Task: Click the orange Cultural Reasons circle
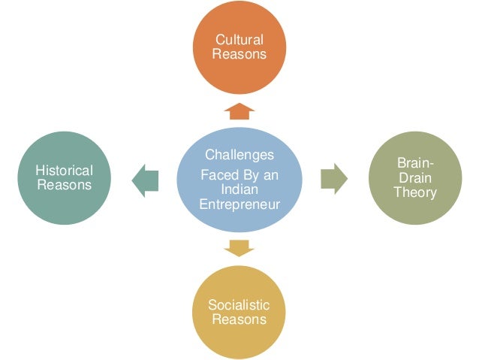click(239, 46)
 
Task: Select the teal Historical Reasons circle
click(65, 179)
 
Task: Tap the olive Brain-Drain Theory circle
click(414, 178)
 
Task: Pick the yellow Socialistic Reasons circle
click(239, 312)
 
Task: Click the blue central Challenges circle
click(239, 179)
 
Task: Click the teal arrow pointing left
click(145, 179)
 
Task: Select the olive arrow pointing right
click(333, 179)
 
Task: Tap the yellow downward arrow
click(239, 247)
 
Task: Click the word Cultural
click(239, 39)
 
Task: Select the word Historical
click(65, 171)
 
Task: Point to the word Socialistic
click(239, 305)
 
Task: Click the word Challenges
click(239, 155)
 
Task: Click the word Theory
click(414, 192)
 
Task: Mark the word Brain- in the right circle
click(414, 164)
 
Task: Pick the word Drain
click(414, 178)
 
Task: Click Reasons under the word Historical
click(65, 186)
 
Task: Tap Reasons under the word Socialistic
click(239, 319)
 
